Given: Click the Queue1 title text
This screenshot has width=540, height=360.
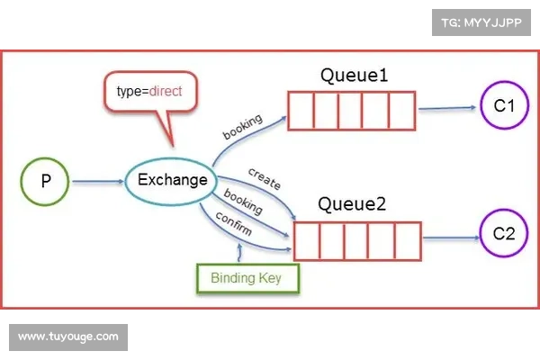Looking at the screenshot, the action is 354,75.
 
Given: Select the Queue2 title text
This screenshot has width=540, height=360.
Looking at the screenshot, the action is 352,204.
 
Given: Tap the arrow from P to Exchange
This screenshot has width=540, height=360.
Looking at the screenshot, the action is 98,182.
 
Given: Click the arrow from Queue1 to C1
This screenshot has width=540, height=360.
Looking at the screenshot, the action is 447,108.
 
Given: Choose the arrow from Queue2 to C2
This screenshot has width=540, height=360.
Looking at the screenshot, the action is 451,238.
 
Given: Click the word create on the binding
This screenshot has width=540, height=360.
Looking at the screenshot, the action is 265,179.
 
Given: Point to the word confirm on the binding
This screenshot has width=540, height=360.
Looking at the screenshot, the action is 233,223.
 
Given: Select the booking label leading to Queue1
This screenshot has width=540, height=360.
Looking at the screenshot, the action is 243,126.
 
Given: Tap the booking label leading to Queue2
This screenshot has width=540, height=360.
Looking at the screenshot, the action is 243,201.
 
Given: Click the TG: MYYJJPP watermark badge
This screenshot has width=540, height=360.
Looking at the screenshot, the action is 481,22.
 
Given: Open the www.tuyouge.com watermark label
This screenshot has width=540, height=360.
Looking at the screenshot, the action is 68,337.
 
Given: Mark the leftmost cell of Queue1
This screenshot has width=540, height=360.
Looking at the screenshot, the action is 301,111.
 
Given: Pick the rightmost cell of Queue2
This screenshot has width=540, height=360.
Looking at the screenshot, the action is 408,241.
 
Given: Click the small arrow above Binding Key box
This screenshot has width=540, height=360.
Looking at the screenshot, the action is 239,253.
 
